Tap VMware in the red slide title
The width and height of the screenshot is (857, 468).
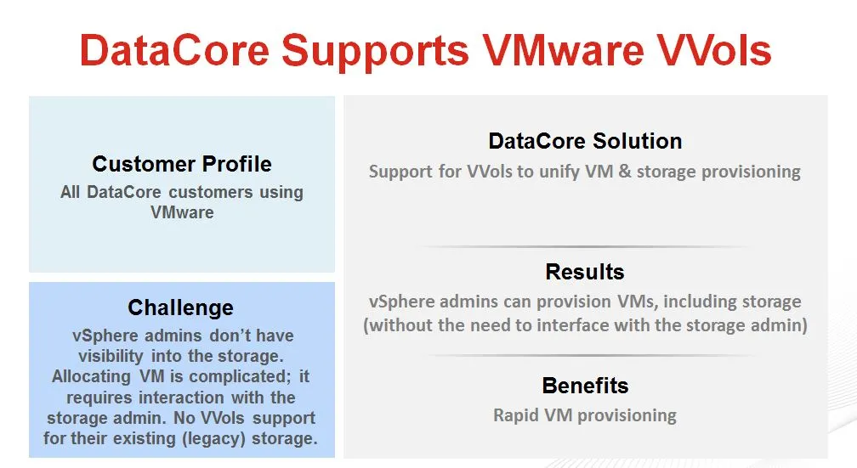[x=564, y=50]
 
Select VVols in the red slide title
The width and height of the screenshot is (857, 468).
[x=714, y=50]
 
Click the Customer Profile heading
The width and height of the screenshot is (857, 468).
[x=182, y=164]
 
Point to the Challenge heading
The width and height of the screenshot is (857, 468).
[x=181, y=308]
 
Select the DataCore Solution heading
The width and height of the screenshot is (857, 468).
[x=585, y=141]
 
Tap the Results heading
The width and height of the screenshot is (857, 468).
[x=585, y=272]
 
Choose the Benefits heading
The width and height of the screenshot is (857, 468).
[x=585, y=386]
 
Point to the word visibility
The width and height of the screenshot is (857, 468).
[x=111, y=357]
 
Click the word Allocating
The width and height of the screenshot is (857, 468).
[x=91, y=377]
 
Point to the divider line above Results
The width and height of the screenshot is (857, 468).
[x=585, y=247]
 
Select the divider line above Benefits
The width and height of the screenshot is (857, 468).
[x=589, y=356]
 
